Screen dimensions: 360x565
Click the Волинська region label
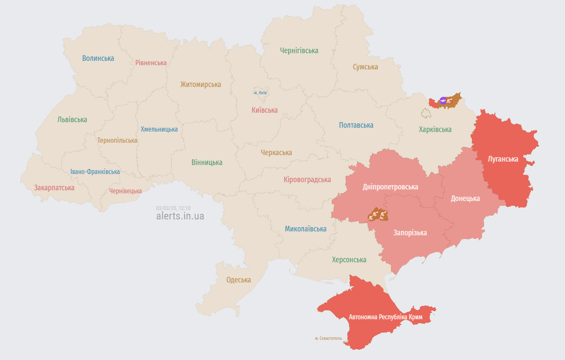tap(98, 58)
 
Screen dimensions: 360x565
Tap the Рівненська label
tap(151, 63)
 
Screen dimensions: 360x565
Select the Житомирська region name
tap(200, 84)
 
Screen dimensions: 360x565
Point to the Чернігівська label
tap(299, 51)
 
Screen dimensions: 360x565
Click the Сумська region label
tap(365, 67)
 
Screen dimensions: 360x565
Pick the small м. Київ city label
tap(260, 93)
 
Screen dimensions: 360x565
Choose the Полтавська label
tap(356, 125)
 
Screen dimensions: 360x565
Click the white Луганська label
tap(503, 159)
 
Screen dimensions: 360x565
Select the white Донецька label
tap(465, 198)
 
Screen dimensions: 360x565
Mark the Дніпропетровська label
tap(390, 187)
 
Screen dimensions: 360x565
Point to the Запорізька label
tap(410, 233)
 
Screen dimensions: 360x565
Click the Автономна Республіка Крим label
tap(386, 317)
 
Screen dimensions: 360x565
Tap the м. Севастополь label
tap(329, 338)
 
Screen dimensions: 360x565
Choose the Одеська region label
tap(239, 280)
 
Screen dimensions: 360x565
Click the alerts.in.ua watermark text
tap(180, 216)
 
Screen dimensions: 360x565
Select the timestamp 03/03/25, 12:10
tap(173, 208)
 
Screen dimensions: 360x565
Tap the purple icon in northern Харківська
tap(443, 101)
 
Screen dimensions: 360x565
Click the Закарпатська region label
tap(54, 188)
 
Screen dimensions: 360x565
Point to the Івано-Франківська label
tap(95, 172)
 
